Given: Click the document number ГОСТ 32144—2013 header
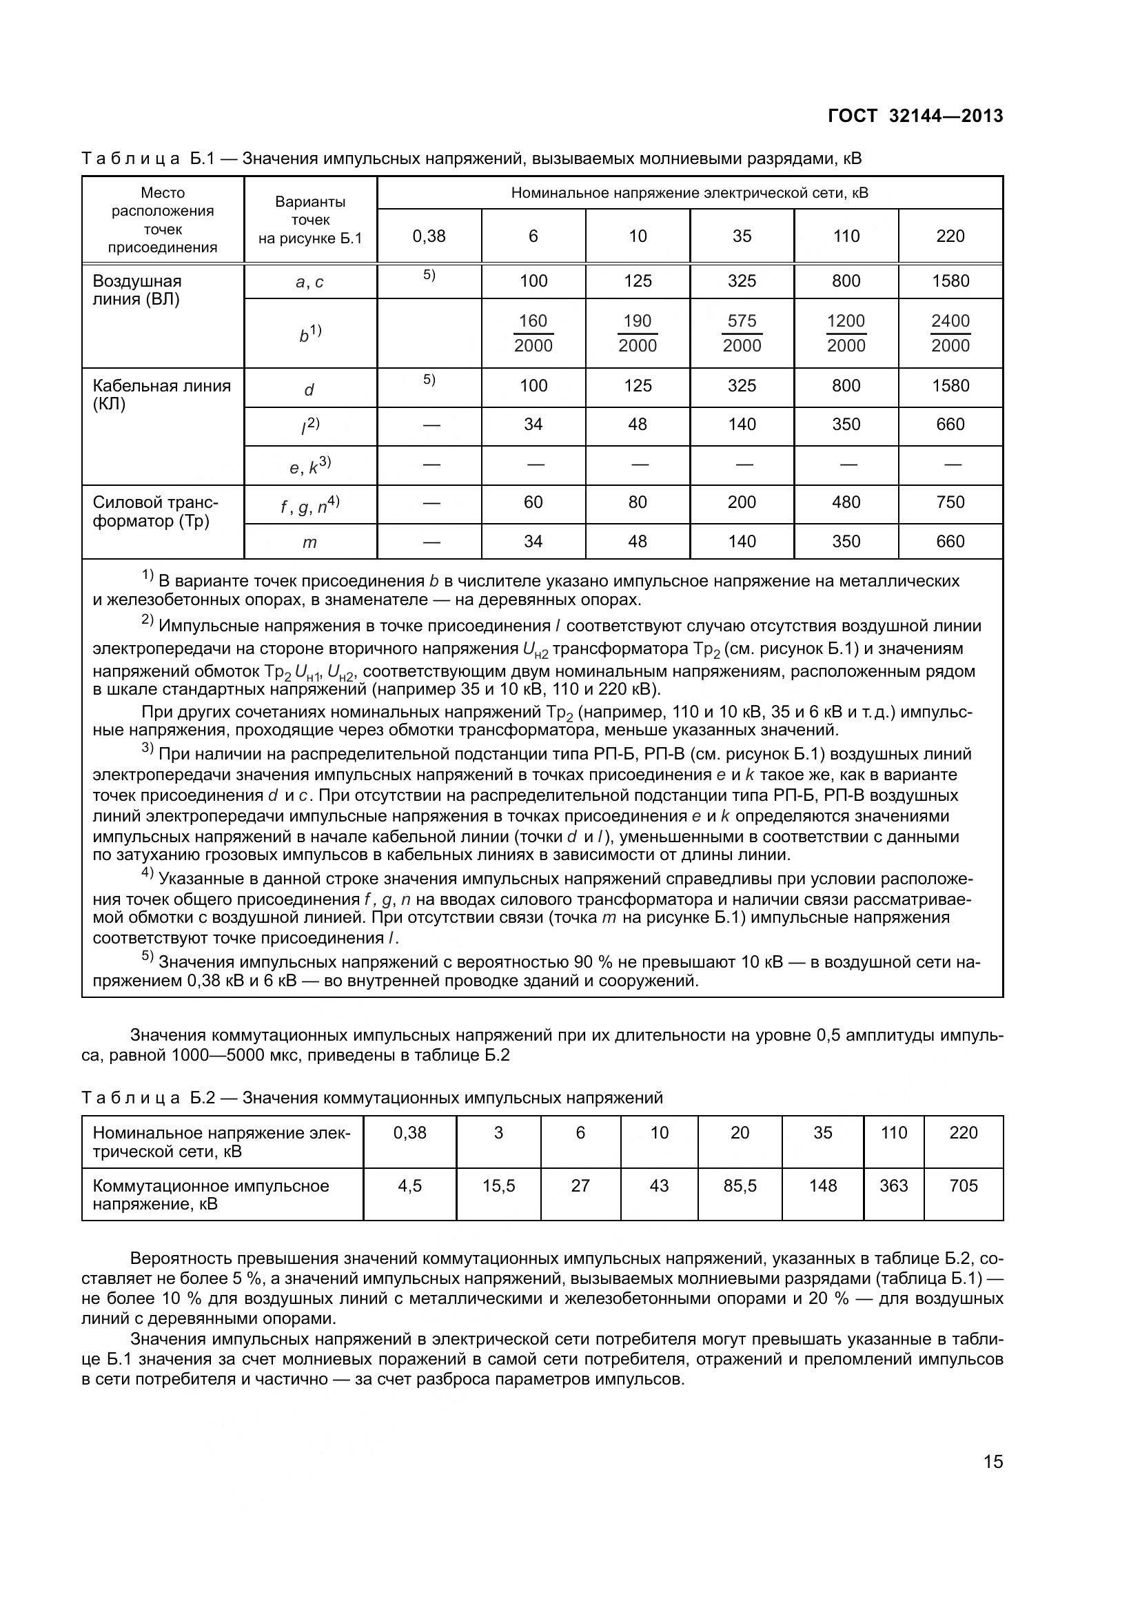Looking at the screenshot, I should coord(915,116).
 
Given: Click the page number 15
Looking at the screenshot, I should coord(993,1462).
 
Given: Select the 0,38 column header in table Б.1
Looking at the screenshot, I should coord(429,236).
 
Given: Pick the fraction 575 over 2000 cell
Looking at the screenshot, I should coord(742,333).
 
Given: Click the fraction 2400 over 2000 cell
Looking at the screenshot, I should coord(950,333).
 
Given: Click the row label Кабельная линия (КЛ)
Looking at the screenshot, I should coord(161,395).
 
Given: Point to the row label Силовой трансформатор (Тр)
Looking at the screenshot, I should coord(155,512).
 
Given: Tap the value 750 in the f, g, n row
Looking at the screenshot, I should coord(950,502).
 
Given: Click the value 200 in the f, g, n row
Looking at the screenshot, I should coord(742,502).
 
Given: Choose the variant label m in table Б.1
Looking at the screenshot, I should coord(309,542).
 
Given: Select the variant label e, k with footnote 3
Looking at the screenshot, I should coord(309,465).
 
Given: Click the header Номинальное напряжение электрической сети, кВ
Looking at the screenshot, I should coord(689,193).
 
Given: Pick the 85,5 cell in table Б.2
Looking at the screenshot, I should coord(740,1186).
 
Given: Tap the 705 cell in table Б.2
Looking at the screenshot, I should coord(963,1186).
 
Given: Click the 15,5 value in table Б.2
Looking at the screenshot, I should coord(498,1186).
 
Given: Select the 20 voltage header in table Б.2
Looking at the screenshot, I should coord(740,1132).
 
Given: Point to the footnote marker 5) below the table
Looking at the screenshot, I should coord(147,957).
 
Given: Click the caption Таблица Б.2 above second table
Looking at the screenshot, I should coord(372,1097).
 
